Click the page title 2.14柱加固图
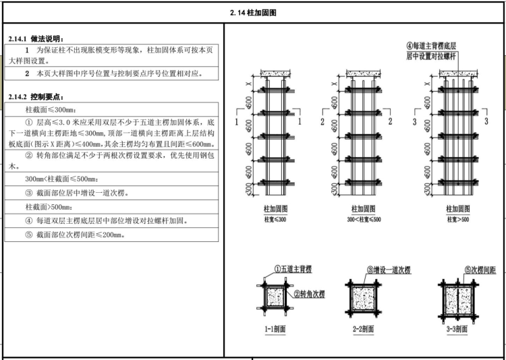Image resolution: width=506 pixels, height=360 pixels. [253, 12]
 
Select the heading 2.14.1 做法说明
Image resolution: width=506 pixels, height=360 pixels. [40, 39]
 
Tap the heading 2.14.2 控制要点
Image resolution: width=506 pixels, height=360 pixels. [40, 97]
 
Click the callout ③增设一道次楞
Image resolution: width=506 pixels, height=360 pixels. [389, 270]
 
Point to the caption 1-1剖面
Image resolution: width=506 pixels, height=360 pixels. [276, 330]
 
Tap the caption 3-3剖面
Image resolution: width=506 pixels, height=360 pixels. [458, 330]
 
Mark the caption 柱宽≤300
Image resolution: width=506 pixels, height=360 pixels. [275, 220]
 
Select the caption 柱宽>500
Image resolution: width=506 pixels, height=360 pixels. [459, 220]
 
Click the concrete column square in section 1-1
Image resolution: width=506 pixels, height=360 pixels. [275, 298]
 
